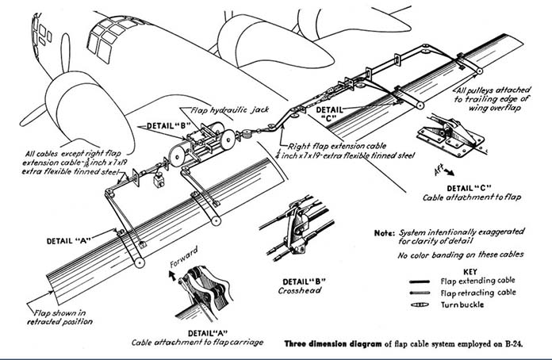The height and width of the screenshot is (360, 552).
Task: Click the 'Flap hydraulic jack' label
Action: pos(229,110)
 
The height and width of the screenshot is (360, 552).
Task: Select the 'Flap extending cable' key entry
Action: pos(477,281)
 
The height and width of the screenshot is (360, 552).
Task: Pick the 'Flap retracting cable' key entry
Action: pos(478,293)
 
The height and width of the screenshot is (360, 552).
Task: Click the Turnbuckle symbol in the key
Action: pos(420,304)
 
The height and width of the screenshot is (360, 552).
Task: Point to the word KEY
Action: pos(470,272)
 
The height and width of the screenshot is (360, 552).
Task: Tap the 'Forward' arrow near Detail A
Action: pos(173,275)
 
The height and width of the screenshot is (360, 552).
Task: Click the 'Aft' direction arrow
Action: pos(448,172)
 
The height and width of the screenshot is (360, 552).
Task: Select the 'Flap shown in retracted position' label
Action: pos(59,317)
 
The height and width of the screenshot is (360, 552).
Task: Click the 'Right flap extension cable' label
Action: pos(337,146)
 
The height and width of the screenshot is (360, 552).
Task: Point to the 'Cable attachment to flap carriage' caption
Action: pos(197,343)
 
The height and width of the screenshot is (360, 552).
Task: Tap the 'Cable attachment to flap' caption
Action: pos(472,197)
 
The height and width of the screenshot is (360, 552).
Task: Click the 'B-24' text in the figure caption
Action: pos(515,344)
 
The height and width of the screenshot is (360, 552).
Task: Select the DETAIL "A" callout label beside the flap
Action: pos(69,241)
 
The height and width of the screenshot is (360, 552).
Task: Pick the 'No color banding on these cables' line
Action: pos(461,255)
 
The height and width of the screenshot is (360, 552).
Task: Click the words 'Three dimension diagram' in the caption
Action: pos(332,344)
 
